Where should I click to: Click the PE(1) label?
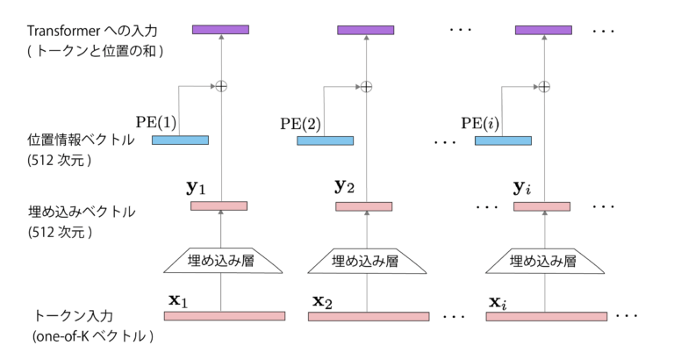[x=156, y=121]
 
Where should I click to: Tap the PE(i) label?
[x=479, y=121]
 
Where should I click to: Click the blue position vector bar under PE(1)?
[x=180, y=140]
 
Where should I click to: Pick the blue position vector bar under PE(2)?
[x=325, y=140]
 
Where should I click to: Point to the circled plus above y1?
[x=221, y=86]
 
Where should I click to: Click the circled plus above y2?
[x=366, y=86]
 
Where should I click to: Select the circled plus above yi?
[x=543, y=86]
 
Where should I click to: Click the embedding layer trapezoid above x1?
[x=221, y=260]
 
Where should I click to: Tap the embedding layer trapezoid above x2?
[x=366, y=260]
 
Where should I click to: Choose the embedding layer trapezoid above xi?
[x=543, y=260]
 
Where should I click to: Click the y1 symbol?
[x=195, y=187]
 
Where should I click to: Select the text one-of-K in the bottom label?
[x=66, y=335]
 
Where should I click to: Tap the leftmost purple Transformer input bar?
[x=220, y=30]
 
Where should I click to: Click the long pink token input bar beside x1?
[x=225, y=316]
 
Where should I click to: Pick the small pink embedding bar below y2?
[x=365, y=206]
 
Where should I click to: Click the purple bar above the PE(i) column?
[x=543, y=30]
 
